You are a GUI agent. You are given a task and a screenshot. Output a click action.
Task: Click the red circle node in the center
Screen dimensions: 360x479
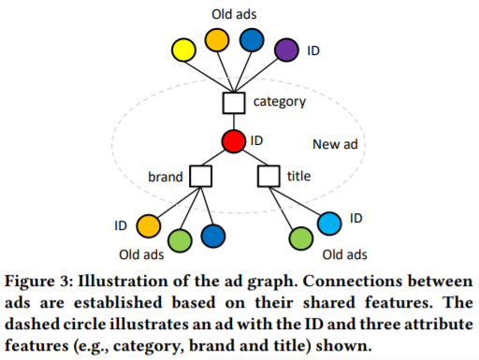[x=235, y=141]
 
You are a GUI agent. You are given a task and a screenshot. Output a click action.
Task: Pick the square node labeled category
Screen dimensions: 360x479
[x=234, y=101]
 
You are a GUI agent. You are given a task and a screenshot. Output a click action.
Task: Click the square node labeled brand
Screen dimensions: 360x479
[x=200, y=176]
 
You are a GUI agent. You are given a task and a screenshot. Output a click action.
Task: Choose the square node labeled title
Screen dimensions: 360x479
[x=269, y=176]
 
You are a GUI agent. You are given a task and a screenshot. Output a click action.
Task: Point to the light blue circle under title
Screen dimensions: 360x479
[x=329, y=223]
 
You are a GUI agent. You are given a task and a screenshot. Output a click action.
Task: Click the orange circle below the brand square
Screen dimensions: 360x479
[x=148, y=226]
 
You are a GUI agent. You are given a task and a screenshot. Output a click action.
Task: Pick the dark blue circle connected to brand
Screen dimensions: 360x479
[x=212, y=237]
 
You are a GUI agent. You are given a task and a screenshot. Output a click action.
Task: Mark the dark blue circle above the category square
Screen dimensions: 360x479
[x=252, y=40]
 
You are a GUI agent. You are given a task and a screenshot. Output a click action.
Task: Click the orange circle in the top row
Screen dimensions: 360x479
[x=217, y=39]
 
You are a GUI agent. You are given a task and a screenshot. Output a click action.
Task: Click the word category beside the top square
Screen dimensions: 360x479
[x=280, y=100]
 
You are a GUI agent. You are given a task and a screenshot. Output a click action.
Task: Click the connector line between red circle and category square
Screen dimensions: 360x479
[x=234, y=121]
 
